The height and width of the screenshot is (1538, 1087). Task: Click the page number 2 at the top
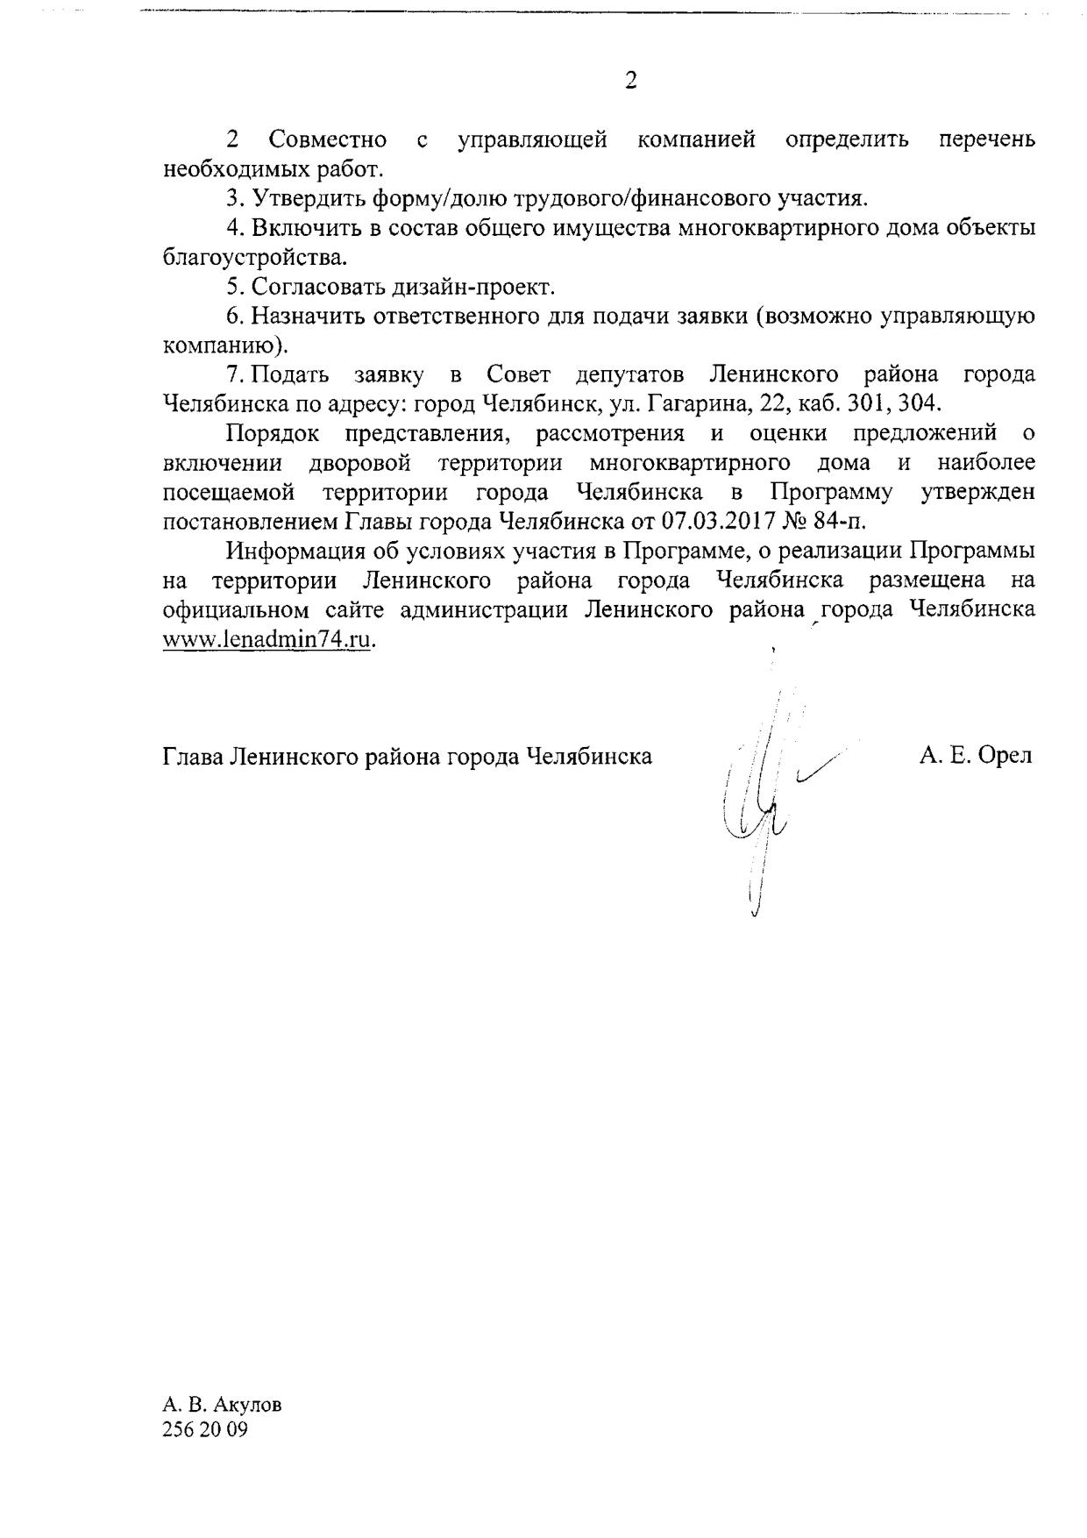pyautogui.click(x=630, y=81)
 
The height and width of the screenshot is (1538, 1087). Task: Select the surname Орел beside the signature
pyautogui.click(x=1005, y=755)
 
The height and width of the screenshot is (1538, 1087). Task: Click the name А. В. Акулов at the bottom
pyautogui.click(x=223, y=1404)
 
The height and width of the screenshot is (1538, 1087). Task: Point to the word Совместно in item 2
pyautogui.click(x=328, y=139)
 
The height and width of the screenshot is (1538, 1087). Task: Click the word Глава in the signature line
pyautogui.click(x=193, y=756)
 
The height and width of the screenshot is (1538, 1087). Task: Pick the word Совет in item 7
pyautogui.click(x=518, y=374)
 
